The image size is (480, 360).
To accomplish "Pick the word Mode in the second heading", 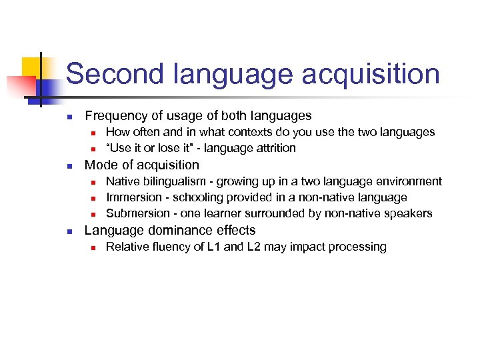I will point(100,165).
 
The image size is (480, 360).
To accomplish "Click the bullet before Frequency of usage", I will point(69,117).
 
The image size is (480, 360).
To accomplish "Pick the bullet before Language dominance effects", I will point(69,231).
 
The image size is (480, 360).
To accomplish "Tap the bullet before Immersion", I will point(94,198).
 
